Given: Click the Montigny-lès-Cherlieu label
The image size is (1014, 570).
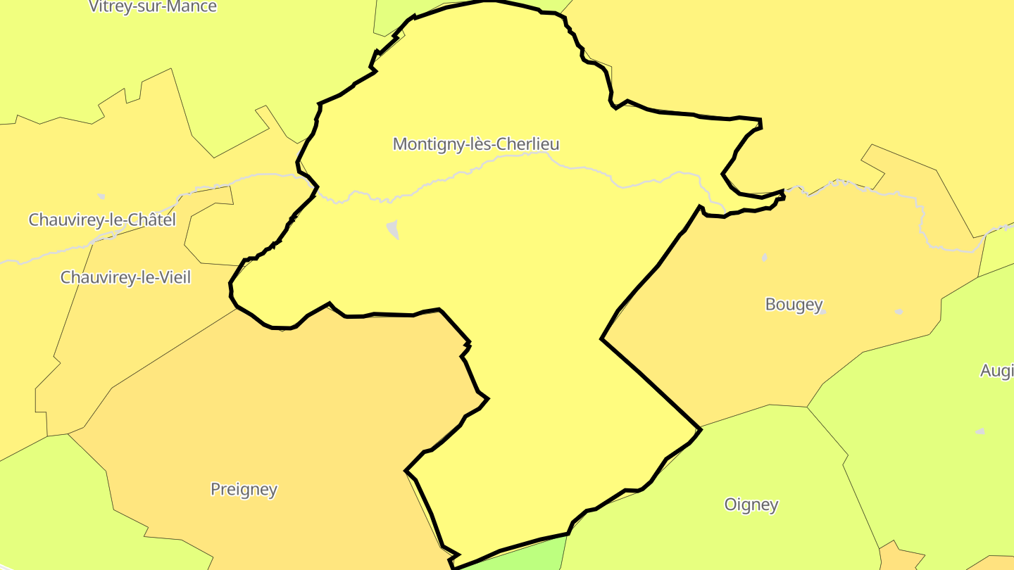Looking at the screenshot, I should [476, 144].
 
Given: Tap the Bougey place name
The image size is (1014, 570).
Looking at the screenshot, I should [794, 304].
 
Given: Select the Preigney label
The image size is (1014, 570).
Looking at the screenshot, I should [244, 489].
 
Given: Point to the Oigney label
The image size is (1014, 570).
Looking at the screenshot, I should [751, 505].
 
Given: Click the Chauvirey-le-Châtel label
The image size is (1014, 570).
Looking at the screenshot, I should [102, 220].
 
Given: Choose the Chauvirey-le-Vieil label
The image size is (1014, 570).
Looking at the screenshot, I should [125, 277].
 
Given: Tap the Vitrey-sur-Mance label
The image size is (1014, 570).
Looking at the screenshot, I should [153, 7].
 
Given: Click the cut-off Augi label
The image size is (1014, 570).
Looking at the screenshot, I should [996, 371].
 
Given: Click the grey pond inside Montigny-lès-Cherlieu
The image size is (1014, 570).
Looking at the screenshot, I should [393, 229].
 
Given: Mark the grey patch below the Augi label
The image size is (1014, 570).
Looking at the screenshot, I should [980, 431].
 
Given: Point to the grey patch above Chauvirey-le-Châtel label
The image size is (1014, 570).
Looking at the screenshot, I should [101, 196].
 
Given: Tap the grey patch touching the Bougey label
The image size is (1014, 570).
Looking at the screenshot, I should [821, 312].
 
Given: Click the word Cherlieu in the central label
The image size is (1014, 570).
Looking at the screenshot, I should [527, 144].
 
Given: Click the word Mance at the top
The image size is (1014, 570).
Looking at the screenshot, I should [192, 7].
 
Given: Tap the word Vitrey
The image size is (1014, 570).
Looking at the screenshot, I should [112, 7].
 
